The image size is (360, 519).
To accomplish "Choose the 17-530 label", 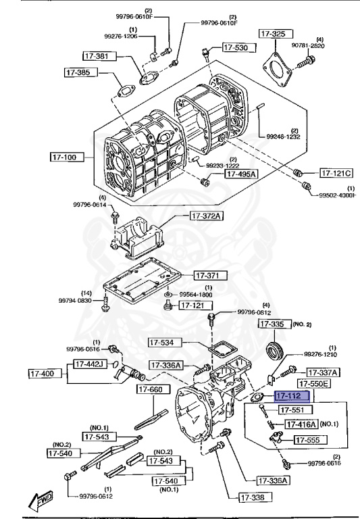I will click(235, 48).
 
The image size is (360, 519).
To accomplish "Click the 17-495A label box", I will click(241, 174).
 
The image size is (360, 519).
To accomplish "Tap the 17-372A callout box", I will click(206, 216).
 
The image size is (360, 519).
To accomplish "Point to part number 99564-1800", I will click(195, 295).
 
